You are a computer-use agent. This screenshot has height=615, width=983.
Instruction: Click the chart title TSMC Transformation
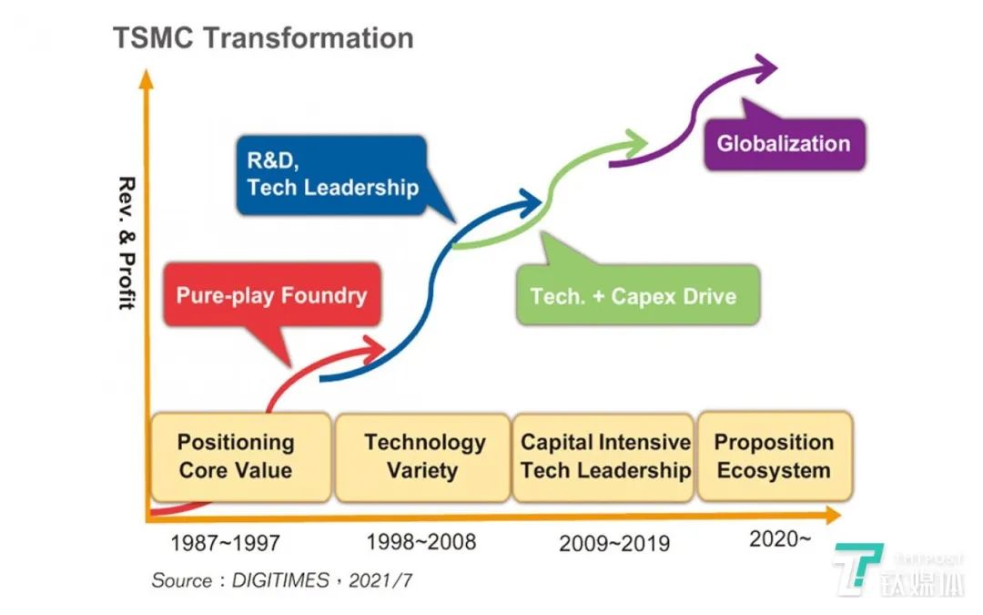click(x=263, y=38)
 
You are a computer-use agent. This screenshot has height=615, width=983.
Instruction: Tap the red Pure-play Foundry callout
click(x=272, y=295)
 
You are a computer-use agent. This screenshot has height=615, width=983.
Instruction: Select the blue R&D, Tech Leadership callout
click(x=332, y=175)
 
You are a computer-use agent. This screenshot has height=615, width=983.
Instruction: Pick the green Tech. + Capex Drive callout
click(x=637, y=295)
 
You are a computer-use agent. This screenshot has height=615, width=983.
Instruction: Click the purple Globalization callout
click(x=785, y=144)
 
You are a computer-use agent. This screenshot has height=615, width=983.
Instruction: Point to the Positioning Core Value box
click(x=240, y=456)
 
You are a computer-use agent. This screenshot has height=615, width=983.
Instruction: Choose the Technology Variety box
click(x=423, y=456)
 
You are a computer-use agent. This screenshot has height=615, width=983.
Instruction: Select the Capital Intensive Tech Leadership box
click(x=603, y=456)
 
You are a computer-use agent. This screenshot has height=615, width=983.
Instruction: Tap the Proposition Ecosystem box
click(x=775, y=456)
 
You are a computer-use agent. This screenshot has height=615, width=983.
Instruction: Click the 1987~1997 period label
click(x=226, y=543)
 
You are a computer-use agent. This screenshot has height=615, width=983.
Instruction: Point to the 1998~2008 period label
click(x=421, y=541)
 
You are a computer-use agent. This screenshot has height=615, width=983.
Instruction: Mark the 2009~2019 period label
click(x=614, y=543)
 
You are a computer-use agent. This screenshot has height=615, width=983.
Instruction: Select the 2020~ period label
click(x=780, y=538)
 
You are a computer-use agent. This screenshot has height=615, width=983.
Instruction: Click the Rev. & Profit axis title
click(x=127, y=243)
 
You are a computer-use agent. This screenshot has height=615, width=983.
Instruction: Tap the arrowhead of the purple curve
click(x=766, y=67)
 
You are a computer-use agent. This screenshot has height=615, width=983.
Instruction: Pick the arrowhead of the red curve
click(x=374, y=350)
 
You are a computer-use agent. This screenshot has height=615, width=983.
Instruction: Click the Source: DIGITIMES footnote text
click(x=282, y=579)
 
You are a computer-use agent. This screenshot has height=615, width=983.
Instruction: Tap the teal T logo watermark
click(x=857, y=569)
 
